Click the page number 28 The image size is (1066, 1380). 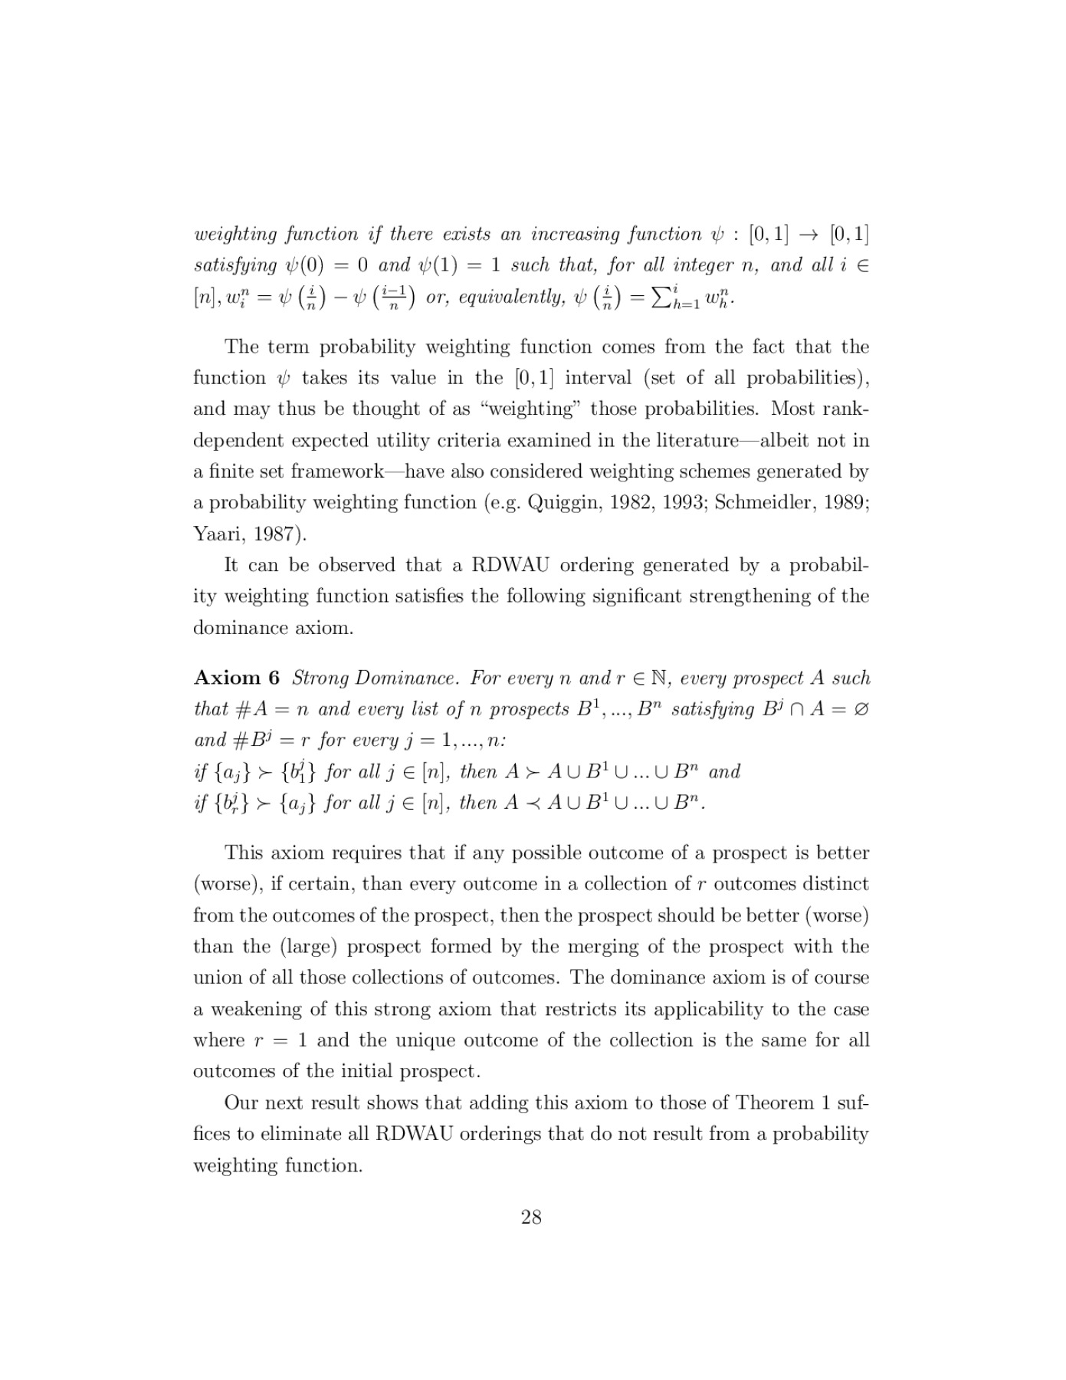(531, 1217)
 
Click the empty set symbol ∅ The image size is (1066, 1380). (861, 709)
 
